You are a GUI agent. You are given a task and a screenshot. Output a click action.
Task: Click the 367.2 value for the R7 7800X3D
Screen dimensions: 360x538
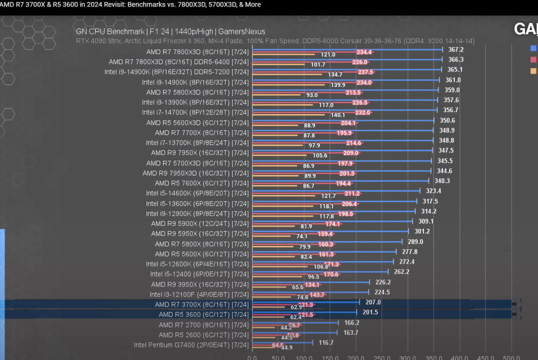(455, 49)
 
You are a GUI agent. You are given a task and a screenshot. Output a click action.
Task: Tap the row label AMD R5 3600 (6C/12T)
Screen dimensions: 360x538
(203, 314)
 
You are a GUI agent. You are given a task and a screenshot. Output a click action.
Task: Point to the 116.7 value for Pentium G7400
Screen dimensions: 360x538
(325, 343)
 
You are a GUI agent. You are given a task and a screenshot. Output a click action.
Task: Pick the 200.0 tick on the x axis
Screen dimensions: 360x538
(356, 357)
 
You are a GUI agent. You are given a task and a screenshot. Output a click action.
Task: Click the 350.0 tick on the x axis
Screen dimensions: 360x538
(434, 357)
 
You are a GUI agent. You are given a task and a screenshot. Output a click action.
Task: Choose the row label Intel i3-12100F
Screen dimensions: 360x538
(199, 294)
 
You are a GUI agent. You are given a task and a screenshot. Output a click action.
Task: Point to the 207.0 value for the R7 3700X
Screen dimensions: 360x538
(372, 302)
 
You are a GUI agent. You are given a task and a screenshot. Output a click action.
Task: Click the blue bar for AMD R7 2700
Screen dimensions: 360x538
(295, 322)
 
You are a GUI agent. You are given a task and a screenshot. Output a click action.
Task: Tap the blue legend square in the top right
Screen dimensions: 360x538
(533, 48)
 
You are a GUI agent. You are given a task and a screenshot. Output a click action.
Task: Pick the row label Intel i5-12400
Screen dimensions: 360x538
(199, 274)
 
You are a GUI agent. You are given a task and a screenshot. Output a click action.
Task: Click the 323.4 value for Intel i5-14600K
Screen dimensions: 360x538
(433, 191)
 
